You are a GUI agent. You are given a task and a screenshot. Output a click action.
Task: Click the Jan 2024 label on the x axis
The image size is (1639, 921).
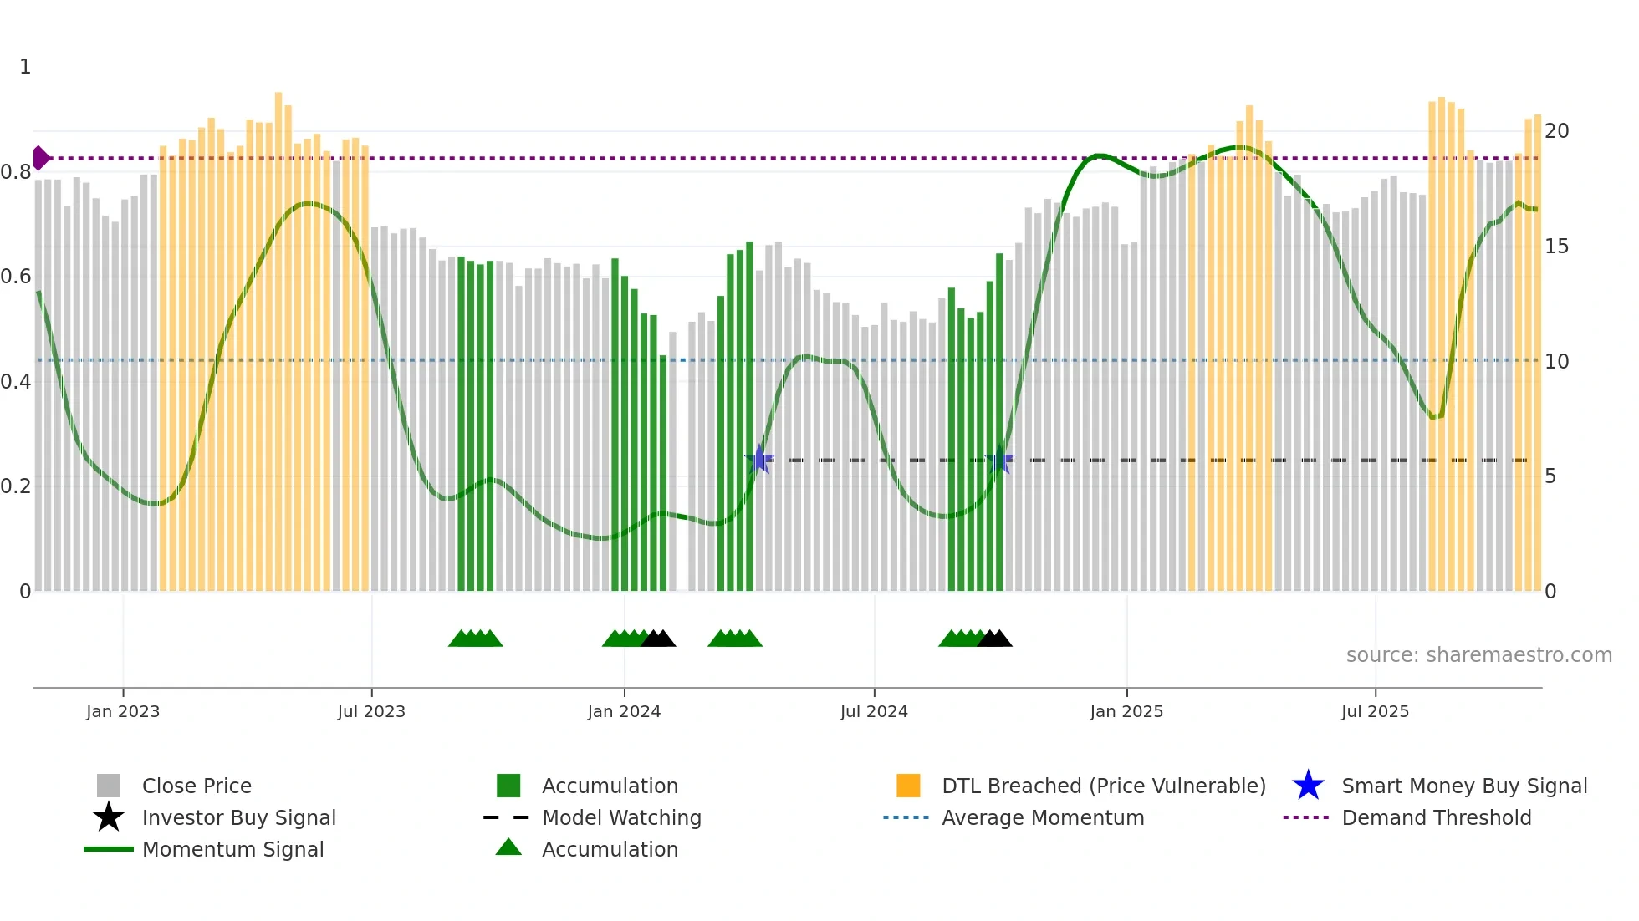[x=624, y=711]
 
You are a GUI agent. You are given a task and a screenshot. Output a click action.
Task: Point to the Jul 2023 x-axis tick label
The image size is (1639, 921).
[x=371, y=711]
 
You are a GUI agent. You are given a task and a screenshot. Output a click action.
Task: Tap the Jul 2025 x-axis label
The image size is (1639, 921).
[x=1375, y=711]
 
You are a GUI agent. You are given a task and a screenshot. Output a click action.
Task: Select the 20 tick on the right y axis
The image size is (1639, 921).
[x=1556, y=131]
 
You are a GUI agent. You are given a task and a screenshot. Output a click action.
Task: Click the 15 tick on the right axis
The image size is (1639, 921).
[x=1556, y=247]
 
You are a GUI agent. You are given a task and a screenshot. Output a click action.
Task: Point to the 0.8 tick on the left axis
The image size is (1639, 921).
[x=16, y=172]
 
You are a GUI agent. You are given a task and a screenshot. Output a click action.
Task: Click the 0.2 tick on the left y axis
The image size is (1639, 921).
[x=16, y=486]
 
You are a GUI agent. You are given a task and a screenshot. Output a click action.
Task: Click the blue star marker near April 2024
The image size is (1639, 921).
[x=759, y=459]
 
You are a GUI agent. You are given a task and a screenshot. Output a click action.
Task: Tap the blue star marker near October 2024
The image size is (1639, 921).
[x=1000, y=459]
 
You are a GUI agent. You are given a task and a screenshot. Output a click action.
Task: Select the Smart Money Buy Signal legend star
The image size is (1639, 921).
[x=1308, y=786]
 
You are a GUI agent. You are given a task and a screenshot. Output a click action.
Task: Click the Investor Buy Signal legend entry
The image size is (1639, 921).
[x=238, y=817]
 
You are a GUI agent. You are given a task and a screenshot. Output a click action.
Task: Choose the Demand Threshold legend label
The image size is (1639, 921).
[x=1436, y=817]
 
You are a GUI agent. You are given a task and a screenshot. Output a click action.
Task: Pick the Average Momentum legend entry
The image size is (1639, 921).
[x=1042, y=817]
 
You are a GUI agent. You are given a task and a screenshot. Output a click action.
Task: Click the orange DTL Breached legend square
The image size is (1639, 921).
[x=908, y=786]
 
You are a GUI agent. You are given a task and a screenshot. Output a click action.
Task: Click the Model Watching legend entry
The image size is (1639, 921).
[x=620, y=817]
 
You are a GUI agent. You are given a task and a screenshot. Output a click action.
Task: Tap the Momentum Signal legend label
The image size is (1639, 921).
[x=232, y=849]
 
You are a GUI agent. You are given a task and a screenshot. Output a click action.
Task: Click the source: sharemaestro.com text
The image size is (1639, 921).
[x=1478, y=655]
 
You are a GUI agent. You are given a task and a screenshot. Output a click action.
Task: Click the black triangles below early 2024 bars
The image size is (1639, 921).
[x=658, y=639]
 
